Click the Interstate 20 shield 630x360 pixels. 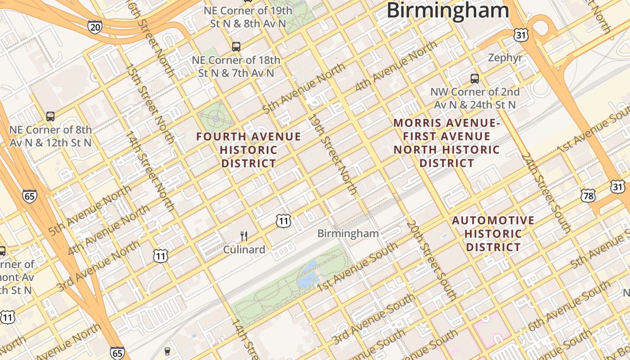[95, 27]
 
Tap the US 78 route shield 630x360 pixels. [588, 195]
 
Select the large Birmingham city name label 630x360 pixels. [447, 10]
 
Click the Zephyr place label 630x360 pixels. [505, 58]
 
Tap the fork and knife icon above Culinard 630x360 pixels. [244, 236]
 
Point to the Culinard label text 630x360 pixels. [244, 249]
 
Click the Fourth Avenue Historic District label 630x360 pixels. [249, 150]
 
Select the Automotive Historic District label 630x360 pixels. [493, 234]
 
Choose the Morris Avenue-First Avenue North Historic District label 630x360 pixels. [446, 143]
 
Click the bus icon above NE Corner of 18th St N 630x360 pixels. [236, 46]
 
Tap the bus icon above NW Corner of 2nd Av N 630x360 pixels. [475, 79]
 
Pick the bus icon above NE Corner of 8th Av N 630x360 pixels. [50, 117]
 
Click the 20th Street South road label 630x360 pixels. [431, 261]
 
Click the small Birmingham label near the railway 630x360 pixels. [348, 234]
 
